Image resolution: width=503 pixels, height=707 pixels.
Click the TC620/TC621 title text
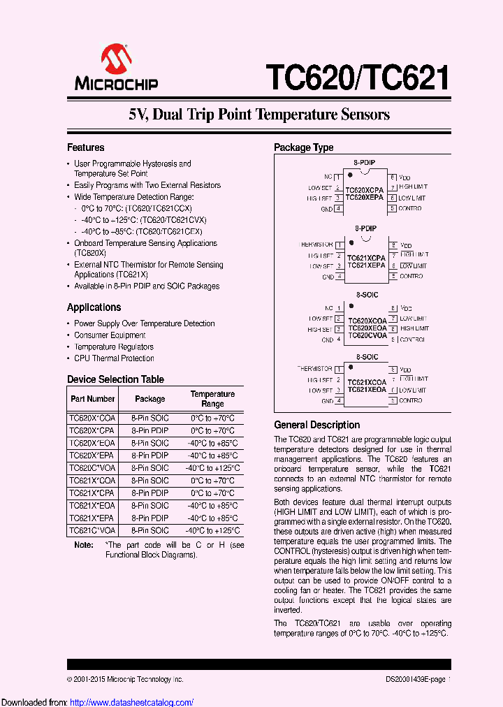[356, 77]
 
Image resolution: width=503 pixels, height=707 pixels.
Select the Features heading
[85, 147]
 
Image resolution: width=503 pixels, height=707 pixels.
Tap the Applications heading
[94, 307]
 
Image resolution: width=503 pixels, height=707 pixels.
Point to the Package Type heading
[303, 147]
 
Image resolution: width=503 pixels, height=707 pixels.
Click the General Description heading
[316, 425]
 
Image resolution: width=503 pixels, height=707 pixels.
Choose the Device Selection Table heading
[115, 379]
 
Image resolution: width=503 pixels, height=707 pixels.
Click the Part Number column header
[92, 399]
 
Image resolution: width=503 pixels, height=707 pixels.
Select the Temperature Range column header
[212, 399]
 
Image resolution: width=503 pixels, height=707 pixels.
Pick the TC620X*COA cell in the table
[92, 418]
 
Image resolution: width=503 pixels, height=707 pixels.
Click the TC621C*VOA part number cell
[92, 531]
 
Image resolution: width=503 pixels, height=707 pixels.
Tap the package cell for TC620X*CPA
[150, 430]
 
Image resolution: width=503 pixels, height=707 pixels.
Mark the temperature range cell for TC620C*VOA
[212, 468]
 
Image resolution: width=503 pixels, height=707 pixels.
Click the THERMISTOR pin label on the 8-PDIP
[316, 245]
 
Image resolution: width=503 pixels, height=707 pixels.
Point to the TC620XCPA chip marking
[365, 190]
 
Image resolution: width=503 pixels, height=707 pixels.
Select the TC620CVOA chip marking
[366, 335]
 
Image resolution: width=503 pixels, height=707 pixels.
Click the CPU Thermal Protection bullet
[114, 358]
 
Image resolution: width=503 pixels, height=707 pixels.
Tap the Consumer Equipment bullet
[110, 335]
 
